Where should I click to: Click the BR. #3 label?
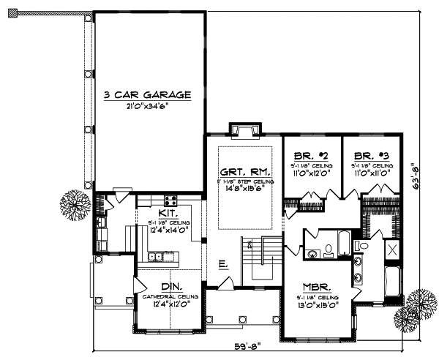coord(371,157)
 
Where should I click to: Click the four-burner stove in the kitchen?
coord(170,201)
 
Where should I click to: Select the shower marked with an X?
coord(391,251)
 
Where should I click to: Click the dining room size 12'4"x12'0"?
coord(171,303)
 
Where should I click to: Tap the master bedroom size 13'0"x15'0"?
coord(318,306)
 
